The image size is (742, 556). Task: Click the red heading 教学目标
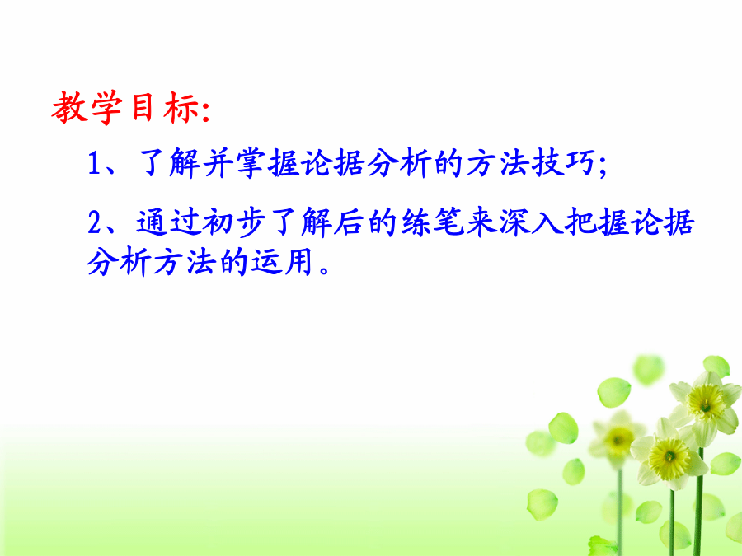tap(126, 108)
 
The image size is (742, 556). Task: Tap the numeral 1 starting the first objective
tap(94, 163)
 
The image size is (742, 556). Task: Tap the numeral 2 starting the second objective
tap(95, 222)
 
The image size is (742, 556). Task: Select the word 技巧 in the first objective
tap(563, 163)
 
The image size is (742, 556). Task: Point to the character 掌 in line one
tap(251, 163)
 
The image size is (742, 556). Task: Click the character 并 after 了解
tap(218, 163)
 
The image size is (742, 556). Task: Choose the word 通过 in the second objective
tap(168, 222)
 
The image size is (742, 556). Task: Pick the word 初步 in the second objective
tap(233, 222)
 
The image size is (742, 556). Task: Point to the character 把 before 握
tap(580, 222)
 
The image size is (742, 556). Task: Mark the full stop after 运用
tap(325, 270)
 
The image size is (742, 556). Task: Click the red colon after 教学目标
tap(206, 113)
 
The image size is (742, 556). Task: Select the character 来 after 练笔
tap(481, 222)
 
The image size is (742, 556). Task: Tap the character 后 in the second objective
tap(350, 222)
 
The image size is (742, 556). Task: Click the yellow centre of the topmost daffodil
tap(706, 404)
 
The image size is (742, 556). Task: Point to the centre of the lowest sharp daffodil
tap(669, 457)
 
